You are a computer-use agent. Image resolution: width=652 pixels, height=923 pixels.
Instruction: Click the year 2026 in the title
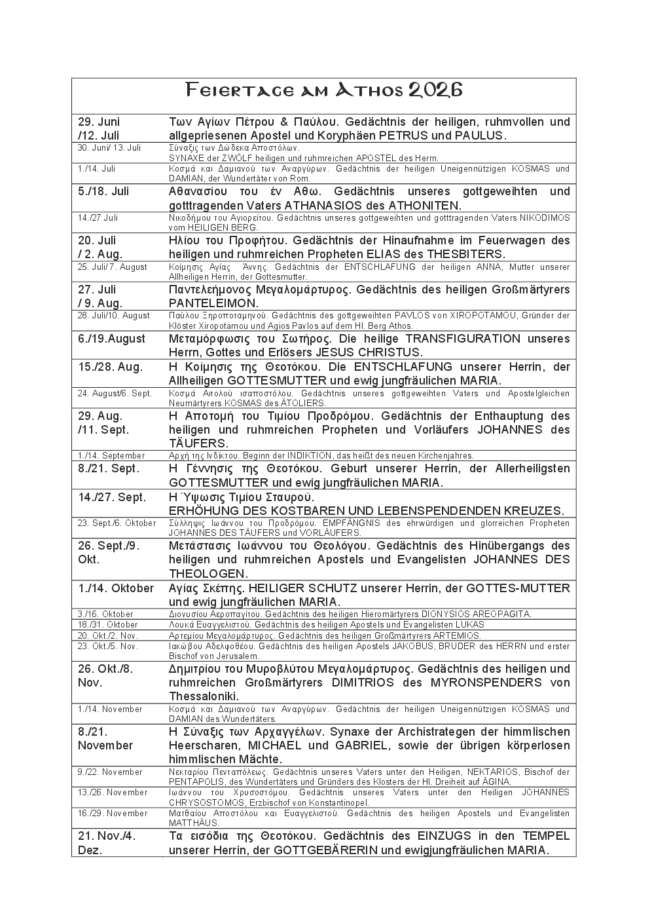pyautogui.click(x=435, y=90)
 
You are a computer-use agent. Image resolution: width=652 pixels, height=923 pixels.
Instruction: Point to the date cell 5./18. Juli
pyautogui.click(x=103, y=191)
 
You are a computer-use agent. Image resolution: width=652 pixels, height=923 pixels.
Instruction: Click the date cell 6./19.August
pyautogui.click(x=112, y=339)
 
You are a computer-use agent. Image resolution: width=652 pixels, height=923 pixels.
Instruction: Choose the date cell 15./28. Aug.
pyautogui.click(x=110, y=367)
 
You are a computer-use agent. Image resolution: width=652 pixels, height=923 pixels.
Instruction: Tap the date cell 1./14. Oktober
pyautogui.click(x=116, y=588)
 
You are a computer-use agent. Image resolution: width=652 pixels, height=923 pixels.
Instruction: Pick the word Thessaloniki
pyautogui.click(x=204, y=696)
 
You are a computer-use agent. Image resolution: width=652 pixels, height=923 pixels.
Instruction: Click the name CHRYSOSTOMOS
pyautogui.click(x=202, y=802)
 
